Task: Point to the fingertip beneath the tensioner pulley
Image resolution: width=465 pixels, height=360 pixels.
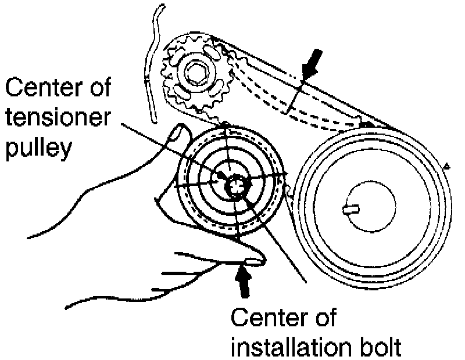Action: tap(256, 260)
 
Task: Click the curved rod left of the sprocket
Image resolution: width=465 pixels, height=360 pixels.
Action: tap(152, 64)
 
